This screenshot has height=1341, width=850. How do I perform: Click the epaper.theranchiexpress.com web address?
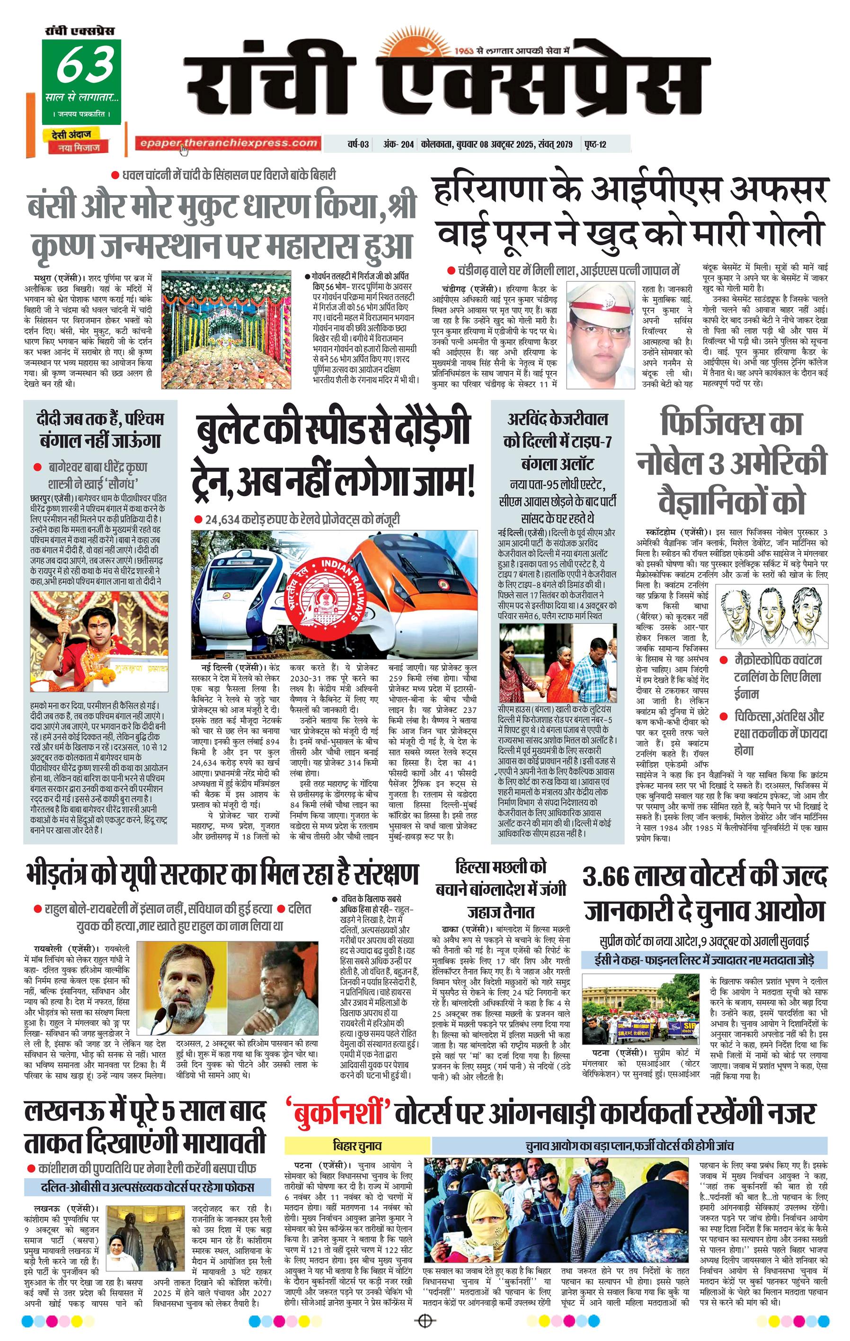[x=228, y=143]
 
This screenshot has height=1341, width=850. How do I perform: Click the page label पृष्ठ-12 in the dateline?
[x=595, y=144]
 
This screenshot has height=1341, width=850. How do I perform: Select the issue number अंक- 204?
[x=398, y=144]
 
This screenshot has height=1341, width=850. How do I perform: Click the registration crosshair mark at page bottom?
[x=425, y=1322]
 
